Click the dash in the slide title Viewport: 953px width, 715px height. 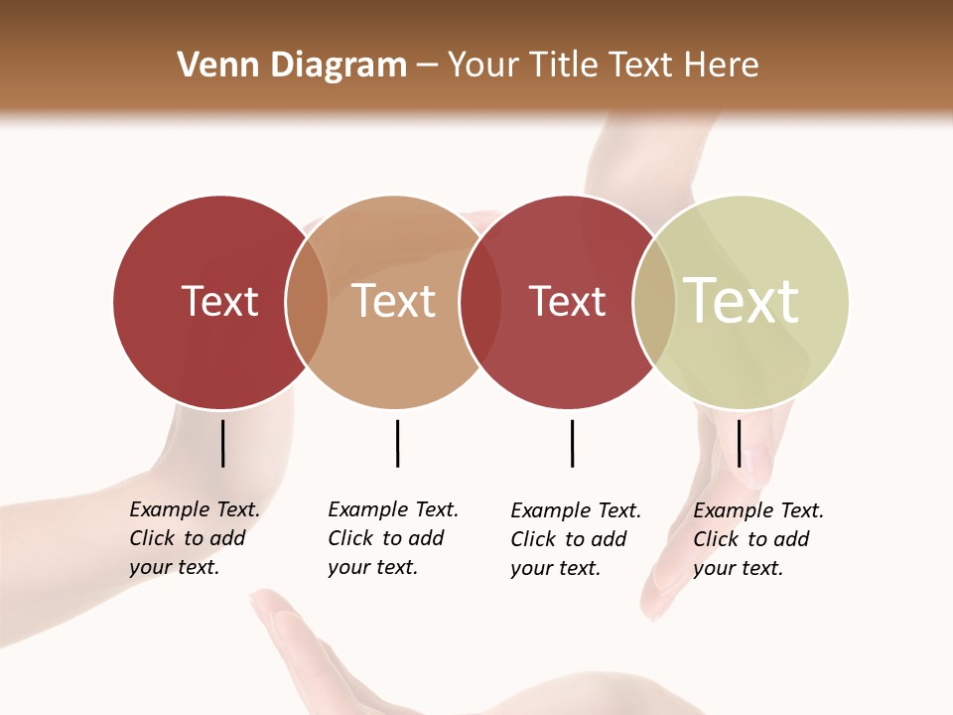(427, 66)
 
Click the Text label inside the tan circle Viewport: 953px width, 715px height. (394, 301)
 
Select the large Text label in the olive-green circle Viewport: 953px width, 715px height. (742, 301)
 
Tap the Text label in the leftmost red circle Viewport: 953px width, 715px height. (220, 301)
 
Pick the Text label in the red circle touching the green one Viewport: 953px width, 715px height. (567, 301)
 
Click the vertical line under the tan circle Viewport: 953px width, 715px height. (397, 443)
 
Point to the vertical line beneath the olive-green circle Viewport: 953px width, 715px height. (739, 443)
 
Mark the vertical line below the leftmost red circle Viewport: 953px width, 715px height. (222, 443)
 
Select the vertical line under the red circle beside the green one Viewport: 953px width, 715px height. (572, 443)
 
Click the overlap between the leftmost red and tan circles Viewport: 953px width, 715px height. (308, 301)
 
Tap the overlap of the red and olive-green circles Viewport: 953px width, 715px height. (655, 301)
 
